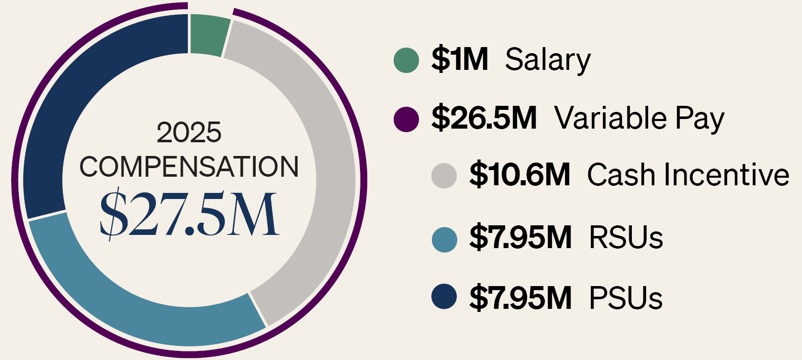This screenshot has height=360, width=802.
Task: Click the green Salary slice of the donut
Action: pyautogui.click(x=209, y=35)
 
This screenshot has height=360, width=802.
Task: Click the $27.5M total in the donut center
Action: pyautogui.click(x=189, y=214)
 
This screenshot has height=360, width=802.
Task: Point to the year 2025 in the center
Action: pyautogui.click(x=189, y=132)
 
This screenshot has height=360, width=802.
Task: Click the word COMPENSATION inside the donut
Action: pyautogui.click(x=189, y=167)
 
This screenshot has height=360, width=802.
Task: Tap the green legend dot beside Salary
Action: pyautogui.click(x=407, y=60)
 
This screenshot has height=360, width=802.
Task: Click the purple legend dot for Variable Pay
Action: pyautogui.click(x=407, y=119)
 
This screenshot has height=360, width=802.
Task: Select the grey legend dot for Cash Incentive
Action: pyautogui.click(x=444, y=176)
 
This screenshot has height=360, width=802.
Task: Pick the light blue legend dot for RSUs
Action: pyautogui.click(x=445, y=239)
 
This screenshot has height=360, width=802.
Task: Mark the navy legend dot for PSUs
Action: pyautogui.click(x=444, y=296)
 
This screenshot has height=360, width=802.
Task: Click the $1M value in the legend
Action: pyautogui.click(x=460, y=59)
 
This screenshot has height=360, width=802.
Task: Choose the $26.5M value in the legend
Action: pyautogui.click(x=484, y=118)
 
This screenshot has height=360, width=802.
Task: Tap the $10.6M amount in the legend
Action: pyautogui.click(x=519, y=175)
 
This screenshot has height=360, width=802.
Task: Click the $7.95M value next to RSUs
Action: pyautogui.click(x=520, y=237)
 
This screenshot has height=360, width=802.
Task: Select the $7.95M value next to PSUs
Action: pyautogui.click(x=520, y=297)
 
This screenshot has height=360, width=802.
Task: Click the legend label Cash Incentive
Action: pyautogui.click(x=688, y=175)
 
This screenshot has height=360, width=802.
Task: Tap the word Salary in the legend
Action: pyautogui.click(x=548, y=61)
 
